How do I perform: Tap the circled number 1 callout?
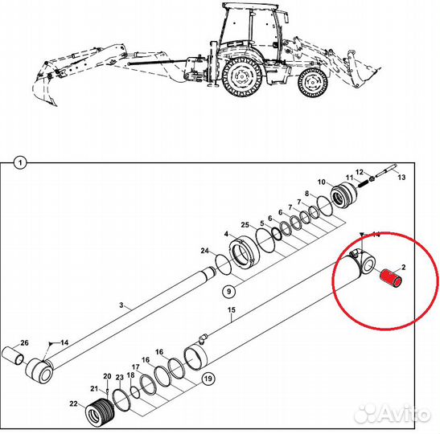pos(20,163)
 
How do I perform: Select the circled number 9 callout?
pos(229,291)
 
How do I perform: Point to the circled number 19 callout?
pos(208,379)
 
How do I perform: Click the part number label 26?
pos(25,342)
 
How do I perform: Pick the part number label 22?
pos(73,403)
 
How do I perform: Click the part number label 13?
pos(402,177)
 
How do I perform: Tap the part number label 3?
pos(121,305)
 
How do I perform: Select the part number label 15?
pos(232,310)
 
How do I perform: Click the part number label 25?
pos(245,225)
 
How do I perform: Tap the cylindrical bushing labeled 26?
pos(13,356)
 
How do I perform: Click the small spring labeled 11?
pos(364,183)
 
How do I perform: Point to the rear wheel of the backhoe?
pos(242,76)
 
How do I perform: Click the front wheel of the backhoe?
pos(313,83)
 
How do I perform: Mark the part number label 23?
pos(120,378)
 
